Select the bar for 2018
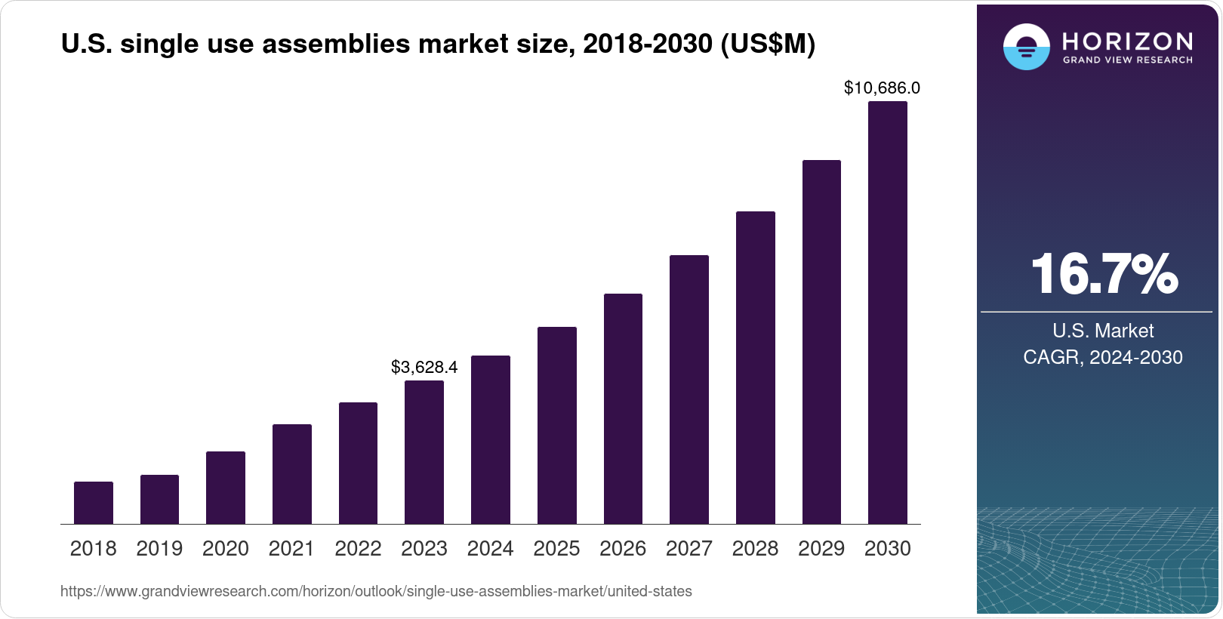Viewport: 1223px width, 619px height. (94, 503)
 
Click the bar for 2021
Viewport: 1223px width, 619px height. (292, 474)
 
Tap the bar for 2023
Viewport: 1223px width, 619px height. (424, 452)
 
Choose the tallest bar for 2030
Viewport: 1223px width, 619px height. (888, 313)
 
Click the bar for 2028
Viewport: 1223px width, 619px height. (756, 368)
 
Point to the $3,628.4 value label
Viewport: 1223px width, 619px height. (424, 368)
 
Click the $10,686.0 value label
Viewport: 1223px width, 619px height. (882, 88)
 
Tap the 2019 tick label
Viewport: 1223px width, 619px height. (159, 549)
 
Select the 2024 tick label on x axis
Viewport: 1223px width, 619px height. (491, 549)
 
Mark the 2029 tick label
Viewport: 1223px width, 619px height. (821, 549)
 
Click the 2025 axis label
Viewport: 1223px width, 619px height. (556, 549)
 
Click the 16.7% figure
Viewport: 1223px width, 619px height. (1104, 274)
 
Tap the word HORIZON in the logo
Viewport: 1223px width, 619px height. (1127, 41)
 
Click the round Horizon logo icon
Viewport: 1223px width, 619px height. (1026, 47)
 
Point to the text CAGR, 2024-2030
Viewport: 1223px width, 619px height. (1103, 357)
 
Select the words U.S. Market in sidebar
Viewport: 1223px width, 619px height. (1103, 331)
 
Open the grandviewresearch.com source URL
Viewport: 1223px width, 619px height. (376, 592)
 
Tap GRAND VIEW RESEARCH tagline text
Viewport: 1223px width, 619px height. (1127, 60)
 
